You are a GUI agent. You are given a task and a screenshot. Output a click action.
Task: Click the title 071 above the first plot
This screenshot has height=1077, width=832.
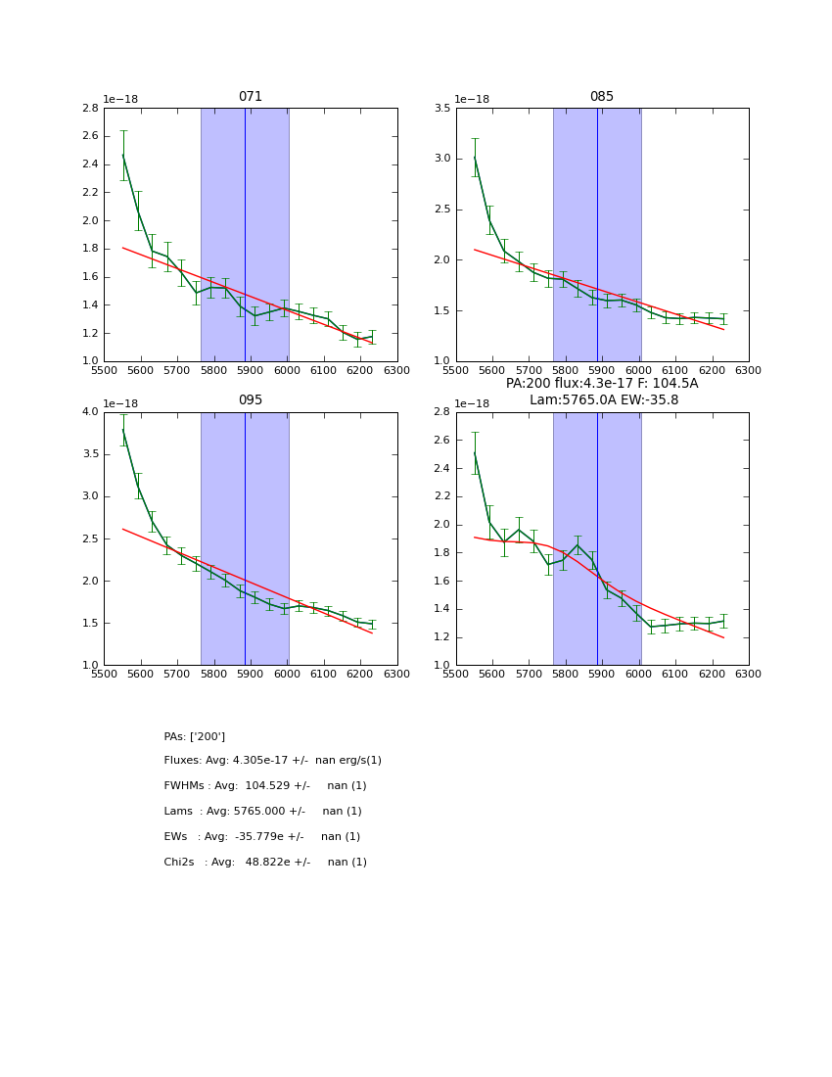[250, 97]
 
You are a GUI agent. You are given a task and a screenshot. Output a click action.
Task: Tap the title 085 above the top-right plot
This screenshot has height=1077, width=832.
[601, 97]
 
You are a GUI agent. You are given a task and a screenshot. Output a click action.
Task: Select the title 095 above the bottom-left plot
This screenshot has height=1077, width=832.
[250, 400]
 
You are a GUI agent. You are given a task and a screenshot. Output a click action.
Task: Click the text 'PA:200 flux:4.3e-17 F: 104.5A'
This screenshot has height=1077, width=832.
[601, 384]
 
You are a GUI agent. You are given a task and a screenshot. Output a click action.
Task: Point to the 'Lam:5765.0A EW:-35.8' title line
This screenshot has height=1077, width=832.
[603, 399]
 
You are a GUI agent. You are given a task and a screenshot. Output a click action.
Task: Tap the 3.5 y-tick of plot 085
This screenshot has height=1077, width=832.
[440, 109]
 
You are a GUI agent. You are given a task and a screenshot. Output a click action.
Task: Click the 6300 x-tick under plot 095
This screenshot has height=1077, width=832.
[396, 675]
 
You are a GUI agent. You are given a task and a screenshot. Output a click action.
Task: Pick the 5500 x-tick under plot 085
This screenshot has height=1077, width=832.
[456, 371]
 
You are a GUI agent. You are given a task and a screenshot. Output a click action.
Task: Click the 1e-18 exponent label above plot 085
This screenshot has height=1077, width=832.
[472, 99]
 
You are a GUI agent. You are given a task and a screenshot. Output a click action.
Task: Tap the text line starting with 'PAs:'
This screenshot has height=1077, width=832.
[194, 736]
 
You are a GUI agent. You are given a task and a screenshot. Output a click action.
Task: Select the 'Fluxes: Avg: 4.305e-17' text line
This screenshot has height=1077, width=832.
[272, 761]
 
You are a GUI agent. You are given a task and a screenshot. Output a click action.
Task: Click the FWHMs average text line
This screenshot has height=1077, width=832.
[264, 786]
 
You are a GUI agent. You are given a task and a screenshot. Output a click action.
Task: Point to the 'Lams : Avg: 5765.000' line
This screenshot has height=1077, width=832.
[262, 812]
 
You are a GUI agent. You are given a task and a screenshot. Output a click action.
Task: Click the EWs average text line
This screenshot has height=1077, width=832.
[261, 837]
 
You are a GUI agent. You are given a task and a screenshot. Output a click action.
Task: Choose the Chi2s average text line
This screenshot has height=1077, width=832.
[264, 863]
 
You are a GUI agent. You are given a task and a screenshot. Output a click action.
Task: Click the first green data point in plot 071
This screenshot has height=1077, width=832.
[122, 156]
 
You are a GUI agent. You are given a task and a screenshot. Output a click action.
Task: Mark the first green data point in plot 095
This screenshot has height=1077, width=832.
[122, 430]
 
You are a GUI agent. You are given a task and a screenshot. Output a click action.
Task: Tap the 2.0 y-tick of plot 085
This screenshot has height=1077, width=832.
[440, 260]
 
